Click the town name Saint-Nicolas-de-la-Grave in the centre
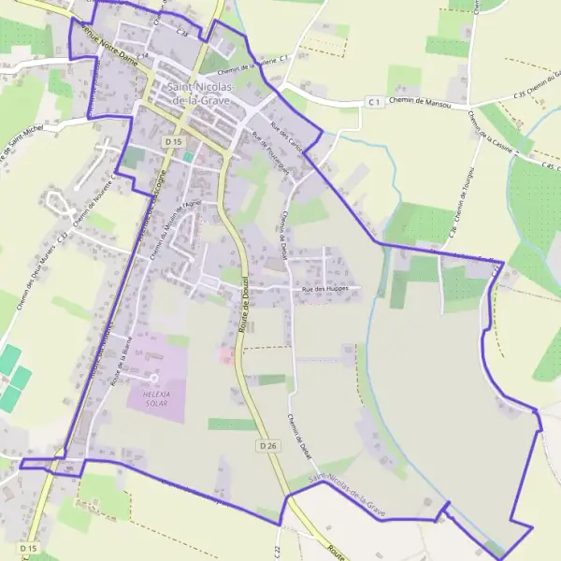[x=200, y=93]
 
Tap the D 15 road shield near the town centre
[x=171, y=141]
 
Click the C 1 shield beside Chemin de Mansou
[x=374, y=101]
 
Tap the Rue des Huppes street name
[x=325, y=289]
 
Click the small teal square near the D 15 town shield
[x=188, y=157]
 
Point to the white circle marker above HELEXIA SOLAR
[x=153, y=378]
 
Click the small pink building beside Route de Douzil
[x=225, y=354]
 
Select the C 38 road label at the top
[x=182, y=33]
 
